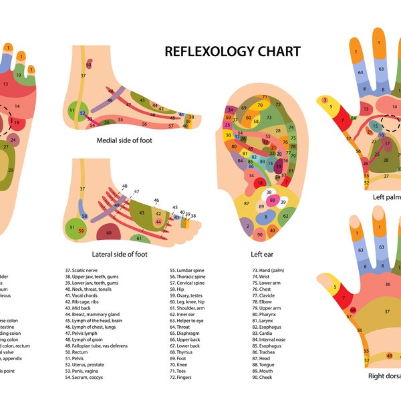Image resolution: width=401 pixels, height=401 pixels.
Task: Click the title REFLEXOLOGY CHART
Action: pyautogui.click(x=233, y=51)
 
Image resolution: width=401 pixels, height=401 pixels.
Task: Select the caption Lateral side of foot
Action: pyautogui.click(x=121, y=254)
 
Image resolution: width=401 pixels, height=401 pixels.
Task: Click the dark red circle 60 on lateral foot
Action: pyautogui.click(x=109, y=233)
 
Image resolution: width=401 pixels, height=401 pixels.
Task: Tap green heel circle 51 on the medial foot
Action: pyautogui.click(x=72, y=110)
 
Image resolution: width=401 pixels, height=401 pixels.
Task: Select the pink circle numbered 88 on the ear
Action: pyautogui.click(x=272, y=200)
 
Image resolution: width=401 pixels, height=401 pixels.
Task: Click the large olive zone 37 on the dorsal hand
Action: pyautogui.click(x=386, y=311)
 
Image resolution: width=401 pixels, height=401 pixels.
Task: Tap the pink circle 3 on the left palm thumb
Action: pyautogui.click(x=325, y=101)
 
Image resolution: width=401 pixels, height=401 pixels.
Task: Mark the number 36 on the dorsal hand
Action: pyautogui.click(x=386, y=284)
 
